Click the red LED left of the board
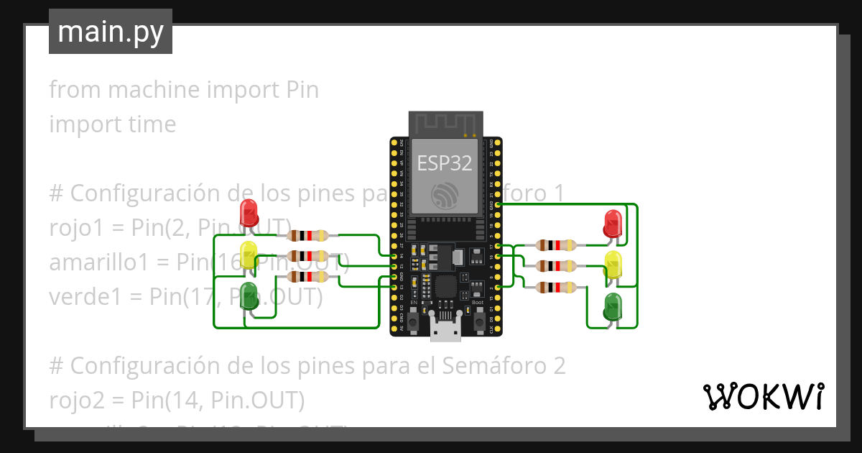pyautogui.click(x=249, y=213)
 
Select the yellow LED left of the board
pyautogui.click(x=249, y=255)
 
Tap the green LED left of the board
pyautogui.click(x=249, y=296)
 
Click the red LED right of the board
pyautogui.click(x=613, y=223)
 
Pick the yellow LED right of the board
pyautogui.click(x=613, y=265)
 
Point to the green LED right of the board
pyautogui.click(x=613, y=306)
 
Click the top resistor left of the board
pyautogui.click(x=307, y=235)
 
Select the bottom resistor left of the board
pyautogui.click(x=307, y=277)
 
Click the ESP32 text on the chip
pyautogui.click(x=445, y=163)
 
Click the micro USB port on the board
pyautogui.click(x=445, y=329)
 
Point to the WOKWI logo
pyautogui.click(x=763, y=396)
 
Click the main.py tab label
pyautogui.click(x=111, y=32)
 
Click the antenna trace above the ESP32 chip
pyautogui.click(x=444, y=123)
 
